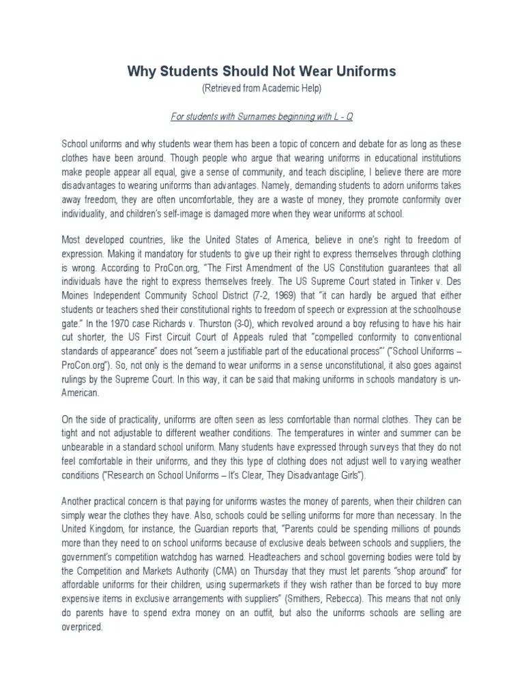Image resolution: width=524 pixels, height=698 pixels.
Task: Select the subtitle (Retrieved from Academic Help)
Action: click(x=261, y=89)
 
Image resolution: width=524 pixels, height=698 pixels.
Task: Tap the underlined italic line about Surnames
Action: click(x=261, y=116)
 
